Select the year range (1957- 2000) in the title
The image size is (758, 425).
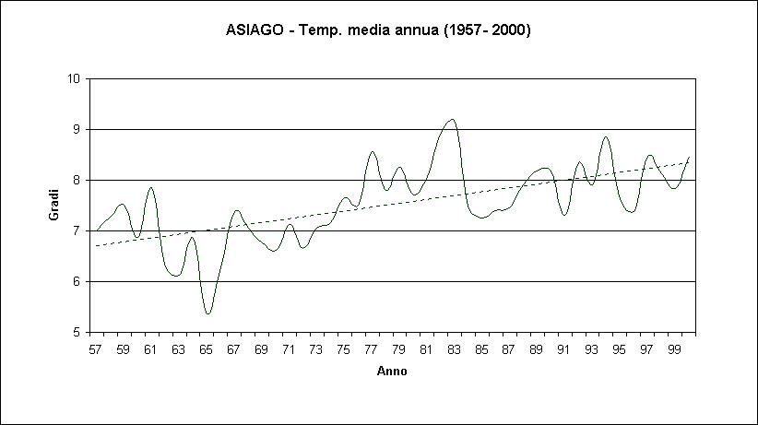487,30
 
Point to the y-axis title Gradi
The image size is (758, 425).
53,205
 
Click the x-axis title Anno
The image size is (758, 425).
391,372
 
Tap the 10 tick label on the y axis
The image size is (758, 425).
73,78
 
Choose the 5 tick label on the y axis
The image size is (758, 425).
77,332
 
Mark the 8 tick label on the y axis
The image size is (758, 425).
77,180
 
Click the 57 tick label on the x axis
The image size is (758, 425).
96,350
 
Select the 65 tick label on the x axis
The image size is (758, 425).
207,350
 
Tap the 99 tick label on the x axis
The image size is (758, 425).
674,350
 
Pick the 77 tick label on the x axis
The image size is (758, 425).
372,350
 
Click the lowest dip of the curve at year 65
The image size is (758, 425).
208,313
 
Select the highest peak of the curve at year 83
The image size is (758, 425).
451,119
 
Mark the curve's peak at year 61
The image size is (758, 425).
151,187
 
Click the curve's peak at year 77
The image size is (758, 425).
373,152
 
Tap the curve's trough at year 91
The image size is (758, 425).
564,215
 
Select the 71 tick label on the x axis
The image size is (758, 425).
289,350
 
